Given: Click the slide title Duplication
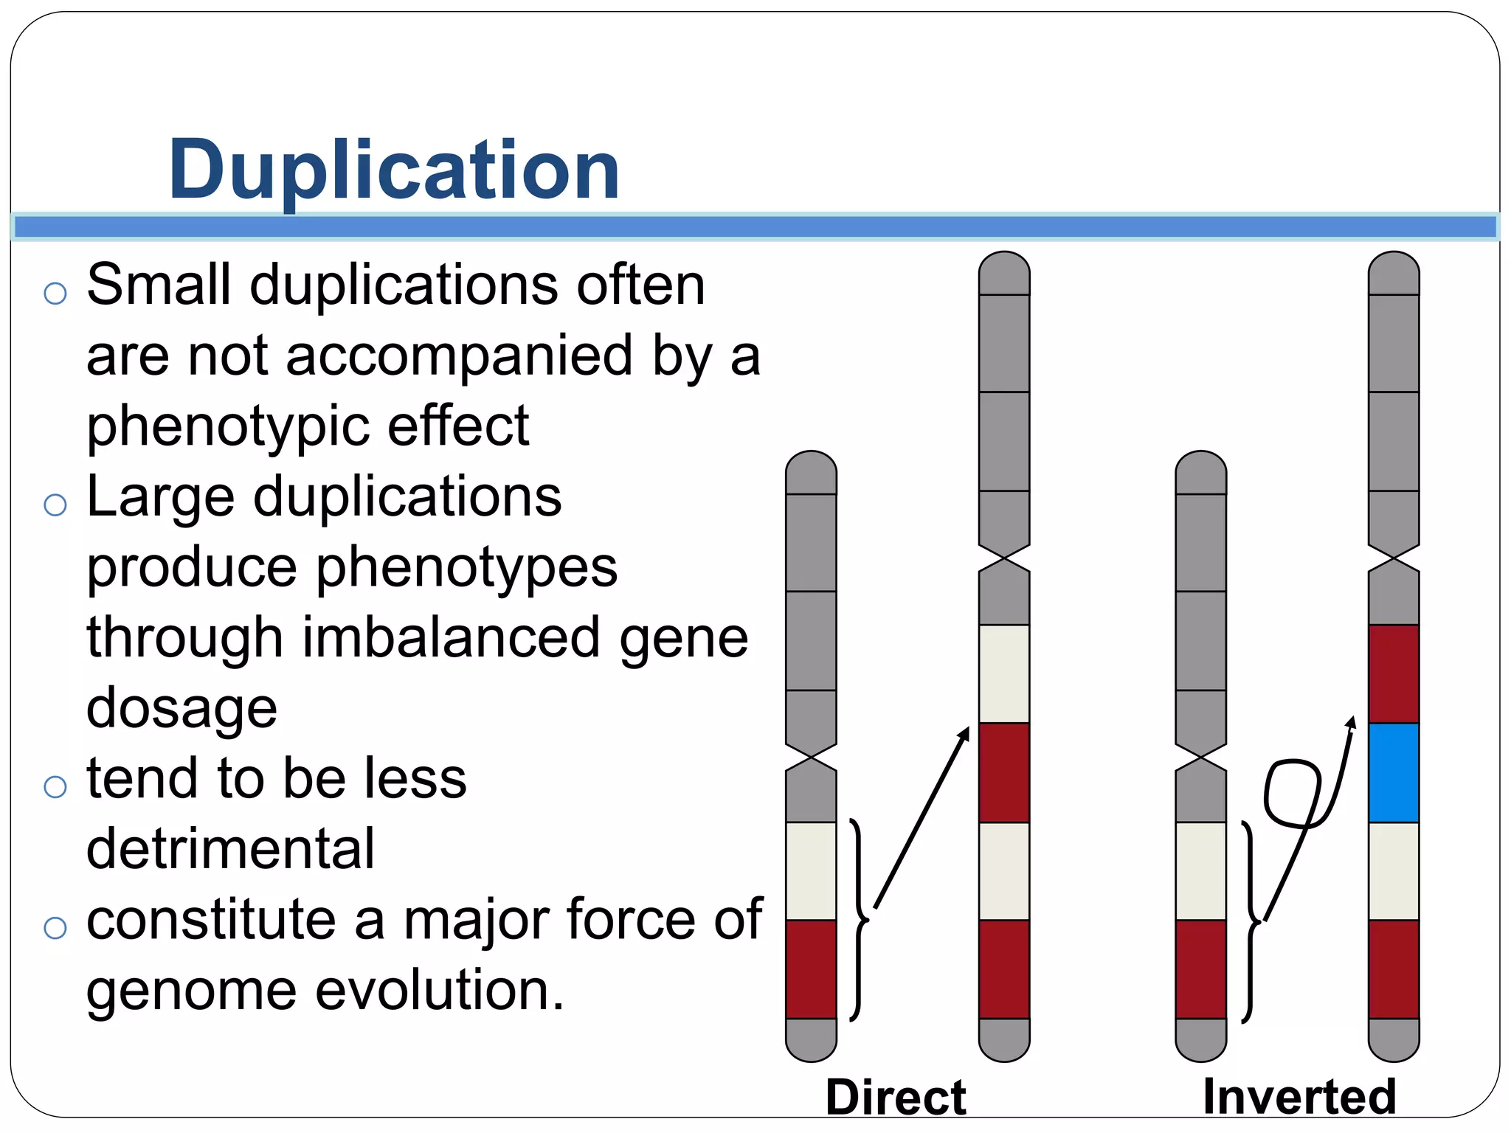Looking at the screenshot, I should tap(394, 170).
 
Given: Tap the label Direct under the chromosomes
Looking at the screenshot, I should tap(896, 1097).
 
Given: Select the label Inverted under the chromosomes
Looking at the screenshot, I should tap(1299, 1097).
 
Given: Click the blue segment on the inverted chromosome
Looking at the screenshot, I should tap(1393, 772).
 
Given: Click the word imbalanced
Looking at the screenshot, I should tap(452, 638).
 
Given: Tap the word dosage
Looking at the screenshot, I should tap(181, 707).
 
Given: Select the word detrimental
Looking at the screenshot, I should tap(230, 848).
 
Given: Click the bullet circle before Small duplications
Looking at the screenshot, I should tap(55, 293).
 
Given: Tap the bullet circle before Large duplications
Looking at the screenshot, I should tap(55, 505).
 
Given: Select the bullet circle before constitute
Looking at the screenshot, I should tap(55, 928).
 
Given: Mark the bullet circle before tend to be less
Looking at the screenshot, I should tap(55, 787).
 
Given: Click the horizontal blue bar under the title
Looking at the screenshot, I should tap(755, 226).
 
